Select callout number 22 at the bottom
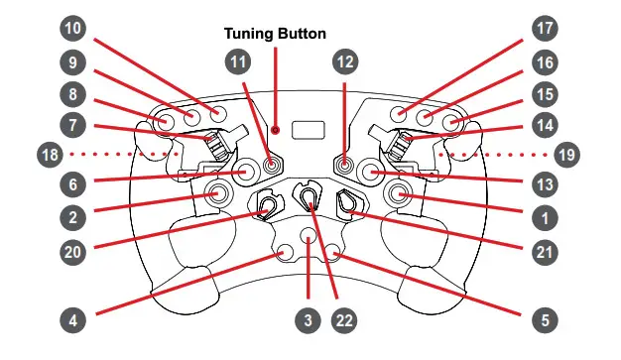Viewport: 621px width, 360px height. pyautogui.click(x=344, y=320)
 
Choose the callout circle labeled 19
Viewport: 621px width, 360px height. pyautogui.click(x=568, y=154)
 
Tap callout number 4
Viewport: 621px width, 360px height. pyautogui.click(x=72, y=320)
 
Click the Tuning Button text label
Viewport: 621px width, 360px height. pyautogui.click(x=275, y=34)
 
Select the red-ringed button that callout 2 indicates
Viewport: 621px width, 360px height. pyautogui.click(x=215, y=195)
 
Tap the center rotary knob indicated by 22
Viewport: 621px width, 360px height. pyautogui.click(x=310, y=198)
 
